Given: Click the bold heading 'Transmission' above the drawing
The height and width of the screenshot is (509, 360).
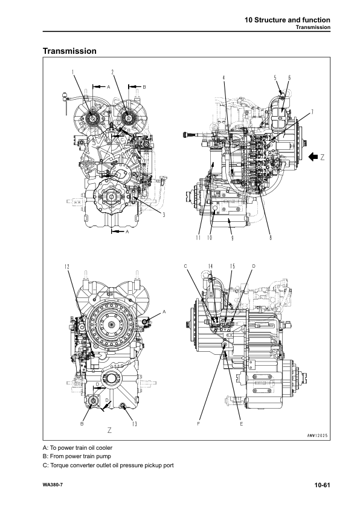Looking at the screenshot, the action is (69, 51).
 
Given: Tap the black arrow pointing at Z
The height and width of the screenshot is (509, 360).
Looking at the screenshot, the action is (313, 157).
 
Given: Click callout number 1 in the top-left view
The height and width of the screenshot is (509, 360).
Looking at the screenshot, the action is (73, 72).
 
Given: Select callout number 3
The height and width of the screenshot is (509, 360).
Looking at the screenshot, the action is (164, 215).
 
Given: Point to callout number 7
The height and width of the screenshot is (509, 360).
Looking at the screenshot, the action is (312, 112).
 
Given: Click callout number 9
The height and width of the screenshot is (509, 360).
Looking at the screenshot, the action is (233, 238).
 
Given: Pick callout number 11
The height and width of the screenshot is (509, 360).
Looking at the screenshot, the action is (198, 238).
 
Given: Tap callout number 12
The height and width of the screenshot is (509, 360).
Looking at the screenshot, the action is (67, 267).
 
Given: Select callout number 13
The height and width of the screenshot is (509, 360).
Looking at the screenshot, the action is (134, 424).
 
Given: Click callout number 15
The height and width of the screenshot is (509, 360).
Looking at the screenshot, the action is (232, 266).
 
